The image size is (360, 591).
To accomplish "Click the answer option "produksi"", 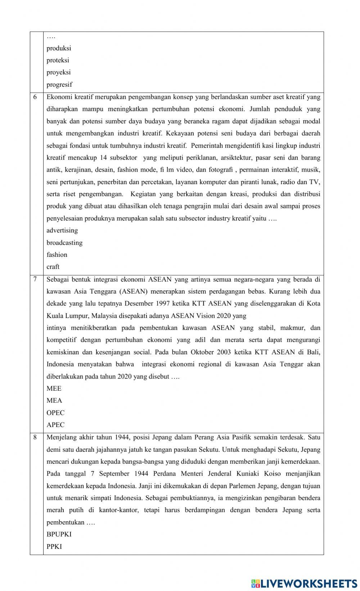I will point(59,48).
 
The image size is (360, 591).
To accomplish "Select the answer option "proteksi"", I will point(58,60).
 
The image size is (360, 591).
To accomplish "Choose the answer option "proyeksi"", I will point(58,72).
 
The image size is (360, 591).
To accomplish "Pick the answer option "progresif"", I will point(59,85).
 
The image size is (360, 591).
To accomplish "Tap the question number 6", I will point(35,97).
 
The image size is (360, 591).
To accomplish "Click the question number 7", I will point(35,279).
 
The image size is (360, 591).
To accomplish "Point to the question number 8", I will point(35,437).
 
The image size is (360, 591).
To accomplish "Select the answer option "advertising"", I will point(62,230).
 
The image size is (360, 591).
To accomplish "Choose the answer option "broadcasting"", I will point(64,242).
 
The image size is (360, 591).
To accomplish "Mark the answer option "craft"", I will point(53,267).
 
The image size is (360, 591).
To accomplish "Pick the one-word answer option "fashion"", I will point(57,255).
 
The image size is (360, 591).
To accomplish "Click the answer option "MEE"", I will point(54,388).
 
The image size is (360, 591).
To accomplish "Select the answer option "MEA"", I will point(54,400).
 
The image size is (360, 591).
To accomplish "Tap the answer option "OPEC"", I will point(55,413).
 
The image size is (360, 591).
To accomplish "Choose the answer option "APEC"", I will point(55,425).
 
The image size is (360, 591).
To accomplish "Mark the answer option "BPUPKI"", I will point(59,534).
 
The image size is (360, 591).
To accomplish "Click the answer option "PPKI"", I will point(54,546).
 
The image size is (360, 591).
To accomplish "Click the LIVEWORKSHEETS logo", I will point(304,583).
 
